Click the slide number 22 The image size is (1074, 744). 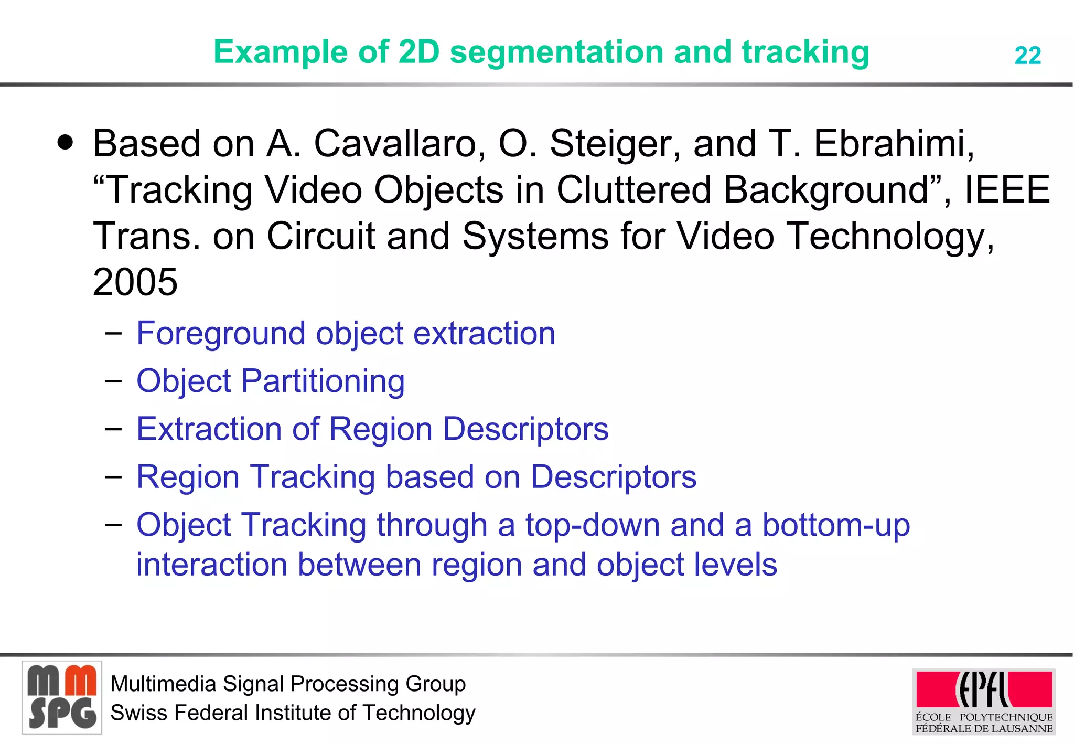click(x=1027, y=56)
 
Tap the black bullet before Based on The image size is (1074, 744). click(x=66, y=142)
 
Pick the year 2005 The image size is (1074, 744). click(x=135, y=282)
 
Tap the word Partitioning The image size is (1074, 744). click(x=323, y=381)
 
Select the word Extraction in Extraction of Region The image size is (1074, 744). click(x=209, y=429)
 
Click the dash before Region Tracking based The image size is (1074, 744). click(x=113, y=476)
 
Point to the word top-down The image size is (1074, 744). click(x=592, y=525)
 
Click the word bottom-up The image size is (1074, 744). click(x=835, y=525)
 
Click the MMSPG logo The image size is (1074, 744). click(x=62, y=697)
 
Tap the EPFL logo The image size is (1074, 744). click(x=984, y=701)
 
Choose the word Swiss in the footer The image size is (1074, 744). click(x=139, y=713)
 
